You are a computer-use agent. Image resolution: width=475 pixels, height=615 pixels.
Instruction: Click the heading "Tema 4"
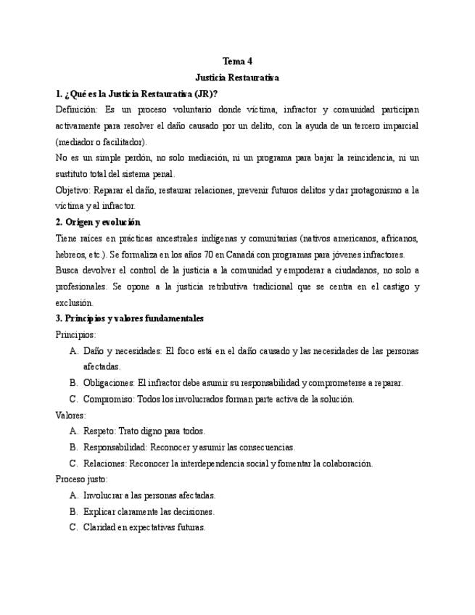point(237,62)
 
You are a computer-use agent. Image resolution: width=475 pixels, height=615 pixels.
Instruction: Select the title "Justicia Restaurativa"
point(237,78)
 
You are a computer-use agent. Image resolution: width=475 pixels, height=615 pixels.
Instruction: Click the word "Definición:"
point(76,110)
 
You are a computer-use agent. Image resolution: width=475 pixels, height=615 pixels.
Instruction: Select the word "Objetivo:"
point(73,190)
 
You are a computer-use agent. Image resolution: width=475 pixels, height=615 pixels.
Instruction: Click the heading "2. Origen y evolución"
point(98,222)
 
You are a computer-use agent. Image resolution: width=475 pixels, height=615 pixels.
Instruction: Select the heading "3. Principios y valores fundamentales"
point(130,318)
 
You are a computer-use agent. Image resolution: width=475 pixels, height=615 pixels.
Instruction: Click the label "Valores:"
point(71,415)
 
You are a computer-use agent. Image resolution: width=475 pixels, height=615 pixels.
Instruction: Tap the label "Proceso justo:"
point(81,479)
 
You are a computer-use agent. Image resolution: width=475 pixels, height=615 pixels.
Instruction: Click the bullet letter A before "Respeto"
point(73,431)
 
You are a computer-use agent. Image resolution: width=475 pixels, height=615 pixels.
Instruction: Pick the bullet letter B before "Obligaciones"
point(73,383)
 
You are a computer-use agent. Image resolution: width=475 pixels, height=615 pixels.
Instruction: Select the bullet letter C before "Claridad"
point(73,527)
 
